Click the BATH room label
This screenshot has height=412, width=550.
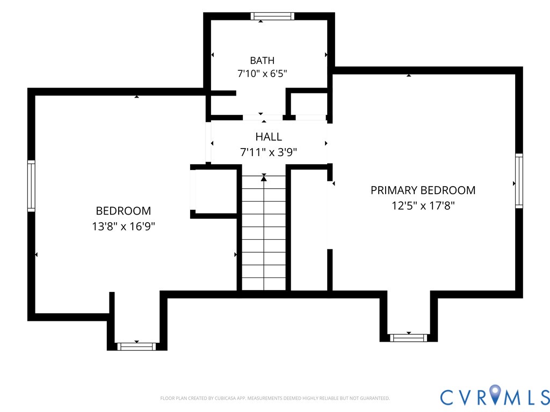[x=262, y=61]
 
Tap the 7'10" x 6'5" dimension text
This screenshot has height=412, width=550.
[x=262, y=73]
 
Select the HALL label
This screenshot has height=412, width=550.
[x=269, y=137]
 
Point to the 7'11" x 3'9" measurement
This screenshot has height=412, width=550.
[x=269, y=152]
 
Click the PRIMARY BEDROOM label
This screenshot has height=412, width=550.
[x=423, y=190]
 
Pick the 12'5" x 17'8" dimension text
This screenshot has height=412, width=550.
[x=423, y=205]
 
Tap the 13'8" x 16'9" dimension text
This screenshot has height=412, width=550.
[x=124, y=226]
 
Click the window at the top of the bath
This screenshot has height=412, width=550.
[x=272, y=16]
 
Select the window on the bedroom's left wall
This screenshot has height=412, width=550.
[x=31, y=186]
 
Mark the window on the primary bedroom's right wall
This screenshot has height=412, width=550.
[x=519, y=181]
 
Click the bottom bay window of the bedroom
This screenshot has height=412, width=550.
[x=136, y=347]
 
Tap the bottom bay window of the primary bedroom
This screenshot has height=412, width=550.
[x=409, y=338]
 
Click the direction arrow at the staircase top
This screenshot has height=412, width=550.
[x=264, y=178]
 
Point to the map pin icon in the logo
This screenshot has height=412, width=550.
[x=495, y=394]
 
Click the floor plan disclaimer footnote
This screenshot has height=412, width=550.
[x=275, y=399]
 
